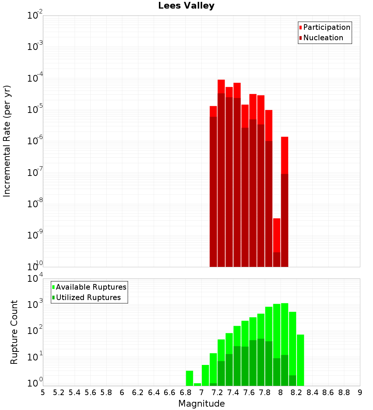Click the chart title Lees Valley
pyautogui.click(x=186, y=6)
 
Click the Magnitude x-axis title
pyautogui.click(x=201, y=404)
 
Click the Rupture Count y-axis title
pyautogui.click(x=14, y=332)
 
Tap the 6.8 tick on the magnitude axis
pyautogui.click(x=185, y=392)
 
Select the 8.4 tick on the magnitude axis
pyautogui.click(x=312, y=392)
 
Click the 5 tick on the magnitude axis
pyautogui.click(x=43, y=392)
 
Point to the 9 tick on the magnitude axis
pyautogui.click(x=360, y=392)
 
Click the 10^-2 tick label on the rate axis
pyautogui.click(x=35, y=16)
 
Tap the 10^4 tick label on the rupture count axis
pyautogui.click(x=35, y=279)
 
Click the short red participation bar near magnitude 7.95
pyautogui.click(x=276, y=235)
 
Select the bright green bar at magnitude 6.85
pyautogui.click(x=189, y=378)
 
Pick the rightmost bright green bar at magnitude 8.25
pyautogui.click(x=300, y=360)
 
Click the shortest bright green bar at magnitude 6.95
pyautogui.click(x=197, y=384)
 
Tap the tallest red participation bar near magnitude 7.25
pyautogui.click(x=221, y=86)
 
